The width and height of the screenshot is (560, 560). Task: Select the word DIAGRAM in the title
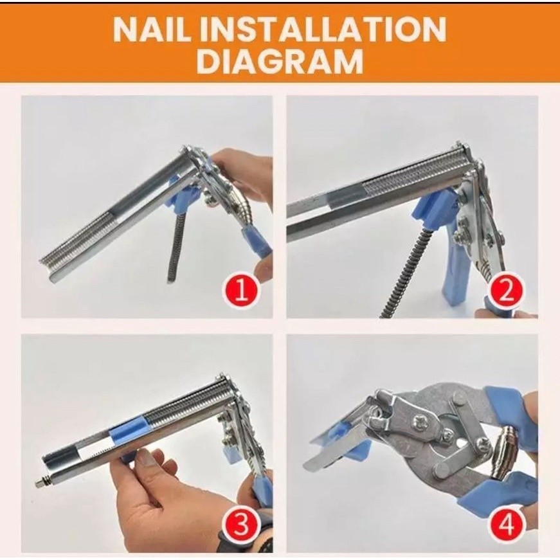280,61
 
